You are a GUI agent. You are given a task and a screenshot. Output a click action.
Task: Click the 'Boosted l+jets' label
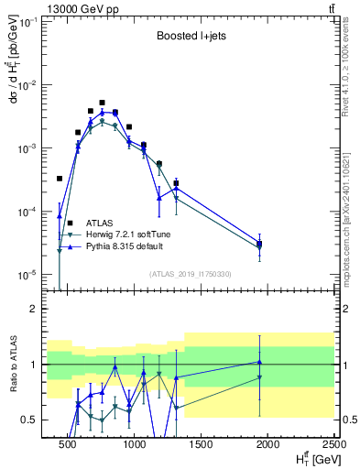click(x=191, y=38)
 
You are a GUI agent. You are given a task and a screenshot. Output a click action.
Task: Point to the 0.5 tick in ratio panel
click(x=32, y=420)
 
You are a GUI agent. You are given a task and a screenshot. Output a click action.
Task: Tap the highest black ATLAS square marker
click(x=102, y=103)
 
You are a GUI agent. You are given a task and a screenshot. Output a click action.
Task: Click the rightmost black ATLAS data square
click(x=259, y=243)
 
